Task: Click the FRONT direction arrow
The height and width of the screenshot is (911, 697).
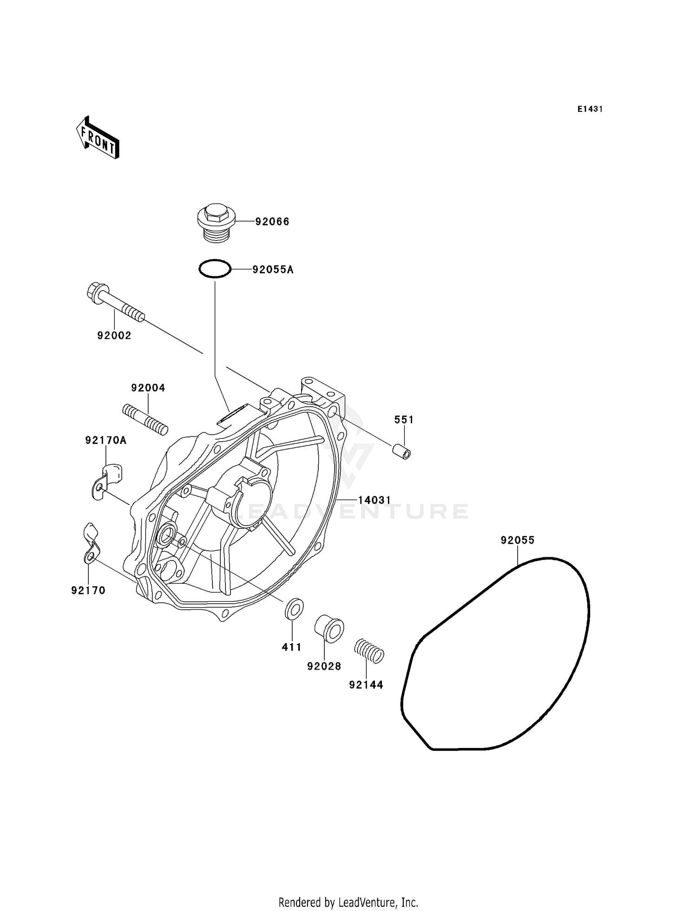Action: pyautogui.click(x=98, y=138)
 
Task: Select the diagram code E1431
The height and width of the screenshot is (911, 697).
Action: pyautogui.click(x=590, y=109)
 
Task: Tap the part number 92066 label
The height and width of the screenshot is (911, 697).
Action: pyautogui.click(x=272, y=221)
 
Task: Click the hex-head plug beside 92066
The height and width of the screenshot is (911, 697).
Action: pyautogui.click(x=217, y=222)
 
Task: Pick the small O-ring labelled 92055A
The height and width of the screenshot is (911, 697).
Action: pyautogui.click(x=215, y=269)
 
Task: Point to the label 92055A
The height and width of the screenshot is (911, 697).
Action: pyautogui.click(x=273, y=269)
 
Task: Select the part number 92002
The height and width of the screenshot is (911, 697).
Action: pyautogui.click(x=114, y=335)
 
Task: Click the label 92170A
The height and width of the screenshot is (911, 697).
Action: pyautogui.click(x=106, y=440)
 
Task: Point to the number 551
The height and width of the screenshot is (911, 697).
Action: pyautogui.click(x=404, y=420)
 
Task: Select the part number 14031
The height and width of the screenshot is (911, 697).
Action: pyautogui.click(x=375, y=500)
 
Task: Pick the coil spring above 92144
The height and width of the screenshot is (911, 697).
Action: pyautogui.click(x=369, y=651)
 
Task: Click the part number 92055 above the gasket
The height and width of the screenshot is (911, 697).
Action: pyautogui.click(x=518, y=540)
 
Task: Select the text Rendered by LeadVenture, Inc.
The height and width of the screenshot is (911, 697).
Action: pyautogui.click(x=348, y=903)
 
